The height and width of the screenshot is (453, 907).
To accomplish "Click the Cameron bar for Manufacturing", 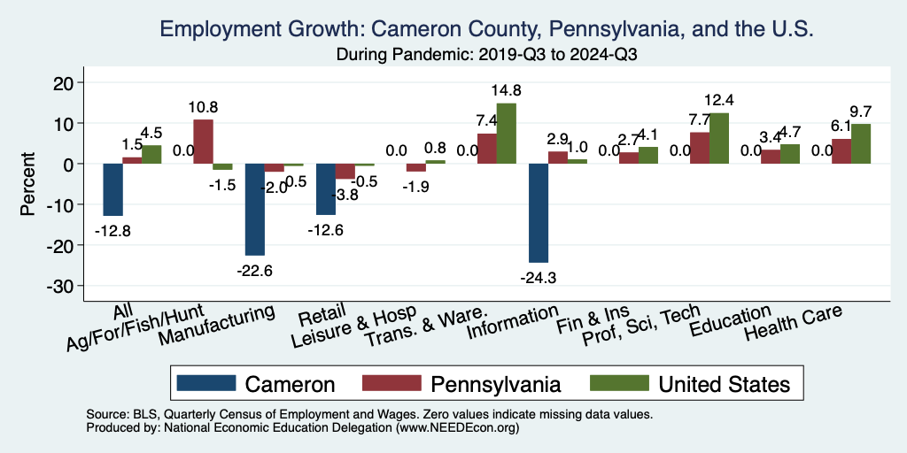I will (255, 210).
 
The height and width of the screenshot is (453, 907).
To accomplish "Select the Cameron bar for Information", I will (539, 213).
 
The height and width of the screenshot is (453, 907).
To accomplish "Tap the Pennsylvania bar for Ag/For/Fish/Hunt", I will (203, 142).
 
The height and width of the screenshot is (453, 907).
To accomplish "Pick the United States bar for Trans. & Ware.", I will (507, 134).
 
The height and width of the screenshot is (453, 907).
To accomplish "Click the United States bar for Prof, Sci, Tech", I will (719, 138).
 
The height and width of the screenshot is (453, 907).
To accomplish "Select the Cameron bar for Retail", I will (326, 189).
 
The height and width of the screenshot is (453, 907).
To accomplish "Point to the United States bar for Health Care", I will (861, 143).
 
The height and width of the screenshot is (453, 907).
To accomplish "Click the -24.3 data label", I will (539, 278).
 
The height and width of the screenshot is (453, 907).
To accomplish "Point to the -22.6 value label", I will (255, 271).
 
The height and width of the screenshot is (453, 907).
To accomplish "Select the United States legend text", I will (724, 384).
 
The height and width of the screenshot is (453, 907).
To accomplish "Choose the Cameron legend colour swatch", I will (206, 383).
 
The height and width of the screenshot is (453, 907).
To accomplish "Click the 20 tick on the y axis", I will (74, 82).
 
